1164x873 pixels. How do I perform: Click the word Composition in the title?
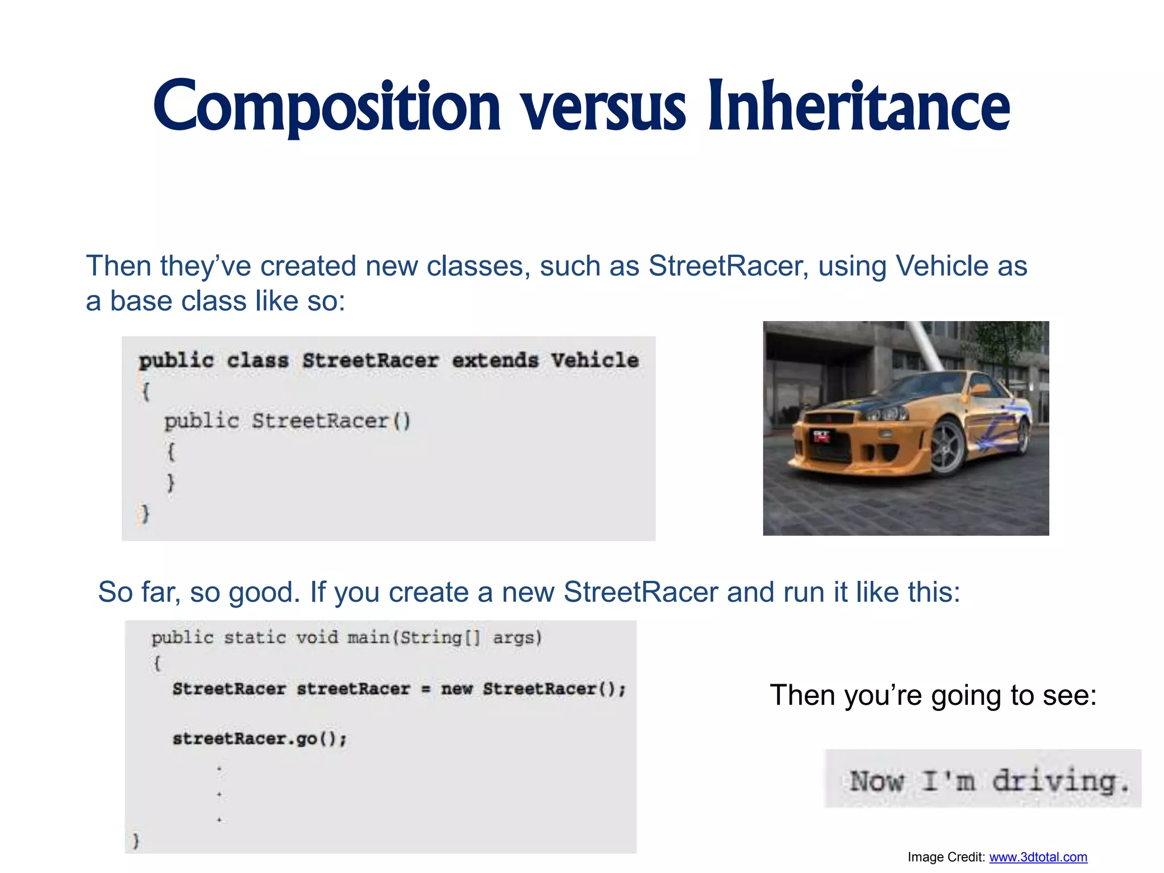(x=327, y=107)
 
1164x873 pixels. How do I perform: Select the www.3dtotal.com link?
(x=1038, y=857)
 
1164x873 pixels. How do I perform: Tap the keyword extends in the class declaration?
(x=495, y=360)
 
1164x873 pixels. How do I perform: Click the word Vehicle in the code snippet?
(x=595, y=360)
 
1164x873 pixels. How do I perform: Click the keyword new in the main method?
(x=457, y=689)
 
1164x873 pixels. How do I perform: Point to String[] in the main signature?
(x=440, y=638)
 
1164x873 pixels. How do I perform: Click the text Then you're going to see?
(x=933, y=695)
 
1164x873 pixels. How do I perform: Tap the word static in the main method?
(x=255, y=638)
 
